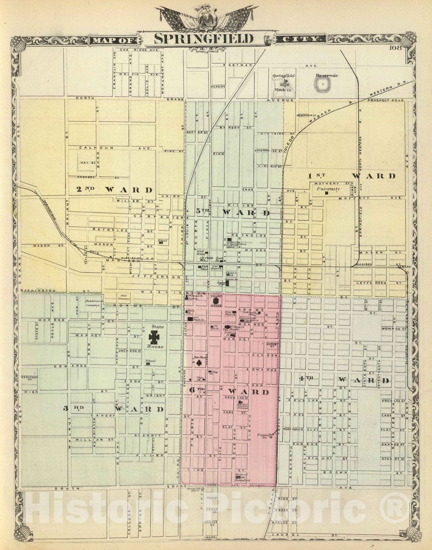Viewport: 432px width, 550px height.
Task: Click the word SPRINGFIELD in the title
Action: pyautogui.click(x=203, y=38)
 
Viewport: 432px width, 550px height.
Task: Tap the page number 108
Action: pyautogui.click(x=395, y=48)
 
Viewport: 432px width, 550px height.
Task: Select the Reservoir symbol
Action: pyautogui.click(x=322, y=85)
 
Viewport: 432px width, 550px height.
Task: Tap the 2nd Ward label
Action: pyautogui.click(x=114, y=190)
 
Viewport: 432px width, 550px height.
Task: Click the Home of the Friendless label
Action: pyautogui.click(x=243, y=477)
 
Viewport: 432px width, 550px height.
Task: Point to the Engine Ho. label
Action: pyautogui.click(x=263, y=436)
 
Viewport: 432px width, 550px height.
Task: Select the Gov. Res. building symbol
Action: pyautogui.click(x=199, y=363)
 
